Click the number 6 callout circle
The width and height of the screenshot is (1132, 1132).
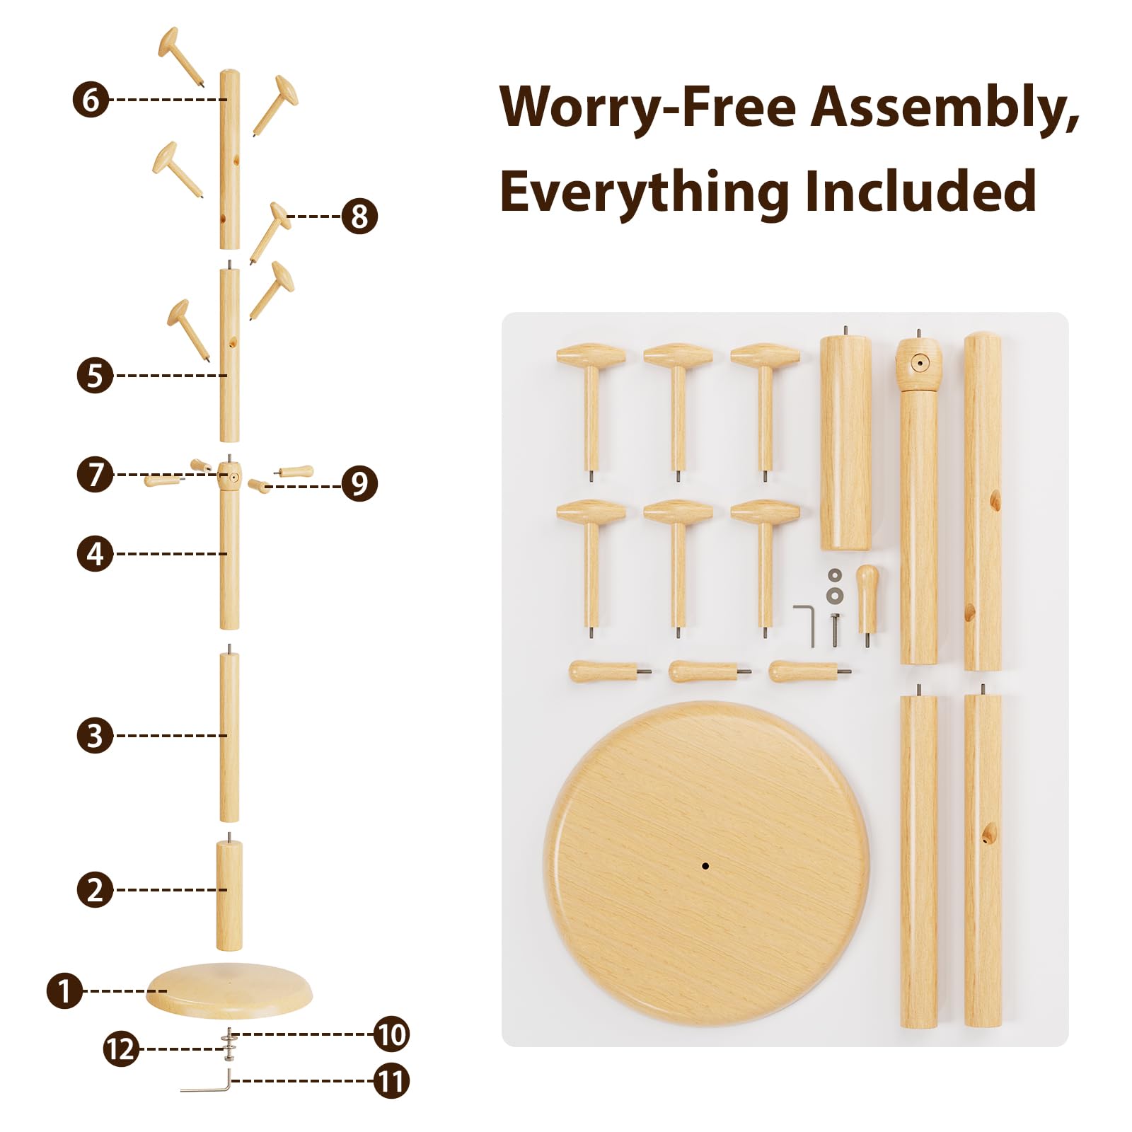coord(91,99)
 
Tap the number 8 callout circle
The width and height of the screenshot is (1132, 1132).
coord(359,216)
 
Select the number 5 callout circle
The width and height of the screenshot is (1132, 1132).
coord(95,376)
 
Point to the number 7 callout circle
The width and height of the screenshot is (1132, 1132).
coord(96,474)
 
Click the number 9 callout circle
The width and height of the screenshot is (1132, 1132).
coord(359,484)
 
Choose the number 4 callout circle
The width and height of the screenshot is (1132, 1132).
coord(95,554)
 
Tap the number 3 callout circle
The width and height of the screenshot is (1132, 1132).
coord(95,736)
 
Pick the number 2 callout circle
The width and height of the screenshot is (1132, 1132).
coord(95,889)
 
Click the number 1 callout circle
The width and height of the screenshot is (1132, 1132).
coord(65,990)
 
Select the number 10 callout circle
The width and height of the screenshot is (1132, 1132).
coord(391,1034)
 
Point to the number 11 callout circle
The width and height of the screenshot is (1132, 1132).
coord(391,1081)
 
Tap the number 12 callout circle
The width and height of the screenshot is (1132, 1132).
coord(122,1049)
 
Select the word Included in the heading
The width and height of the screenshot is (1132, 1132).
coord(920,191)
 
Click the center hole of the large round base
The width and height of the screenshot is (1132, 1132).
coord(705,865)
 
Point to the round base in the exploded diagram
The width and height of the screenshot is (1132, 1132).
coord(229,990)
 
